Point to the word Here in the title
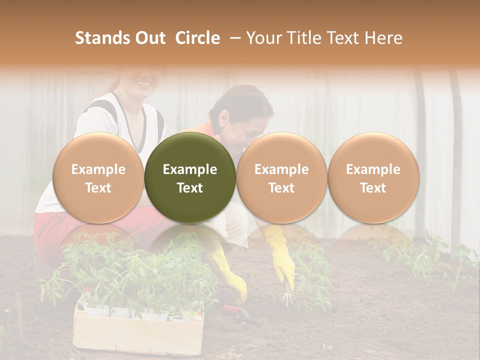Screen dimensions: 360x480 [383, 38]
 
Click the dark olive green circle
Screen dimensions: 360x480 [190, 177]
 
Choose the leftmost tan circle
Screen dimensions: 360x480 [98, 177]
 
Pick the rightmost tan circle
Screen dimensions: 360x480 [373, 177]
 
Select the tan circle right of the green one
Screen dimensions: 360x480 [281, 177]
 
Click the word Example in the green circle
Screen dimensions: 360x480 [190, 169]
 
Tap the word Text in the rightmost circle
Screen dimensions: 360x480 [373, 188]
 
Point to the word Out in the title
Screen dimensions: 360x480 [151, 38]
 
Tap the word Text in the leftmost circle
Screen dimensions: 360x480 [98, 188]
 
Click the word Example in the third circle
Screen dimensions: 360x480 [281, 169]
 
